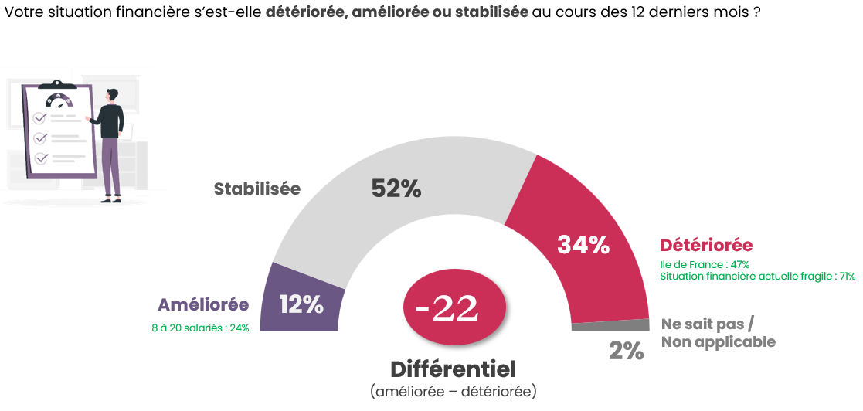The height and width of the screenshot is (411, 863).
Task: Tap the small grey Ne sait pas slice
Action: pyautogui.click(x=610, y=325)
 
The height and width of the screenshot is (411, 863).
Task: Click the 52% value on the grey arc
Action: pyautogui.click(x=396, y=189)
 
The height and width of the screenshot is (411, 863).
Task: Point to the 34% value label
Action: pyautogui.click(x=583, y=245)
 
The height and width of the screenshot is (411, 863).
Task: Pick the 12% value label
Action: pyautogui.click(x=301, y=305)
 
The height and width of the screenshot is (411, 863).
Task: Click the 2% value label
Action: pyautogui.click(x=626, y=352)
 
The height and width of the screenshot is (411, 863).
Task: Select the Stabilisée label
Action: pyautogui.click(x=257, y=189)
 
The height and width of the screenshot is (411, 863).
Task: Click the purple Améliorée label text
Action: pyautogui.click(x=203, y=305)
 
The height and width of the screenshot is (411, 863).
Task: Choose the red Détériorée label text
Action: pyautogui.click(x=706, y=245)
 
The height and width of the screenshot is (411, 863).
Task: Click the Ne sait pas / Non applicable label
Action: pyautogui.click(x=718, y=332)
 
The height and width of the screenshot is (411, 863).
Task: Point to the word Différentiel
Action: pyautogui.click(x=453, y=369)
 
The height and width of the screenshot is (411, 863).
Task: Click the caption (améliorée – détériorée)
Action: pyautogui.click(x=453, y=392)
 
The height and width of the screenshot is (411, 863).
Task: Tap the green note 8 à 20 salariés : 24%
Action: pyautogui.click(x=200, y=328)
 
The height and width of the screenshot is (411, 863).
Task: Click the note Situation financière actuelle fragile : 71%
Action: pyautogui.click(x=757, y=277)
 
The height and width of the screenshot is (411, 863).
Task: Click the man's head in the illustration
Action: pyautogui.click(x=114, y=95)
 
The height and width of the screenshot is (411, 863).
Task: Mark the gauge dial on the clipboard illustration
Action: pyautogui.click(x=59, y=101)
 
